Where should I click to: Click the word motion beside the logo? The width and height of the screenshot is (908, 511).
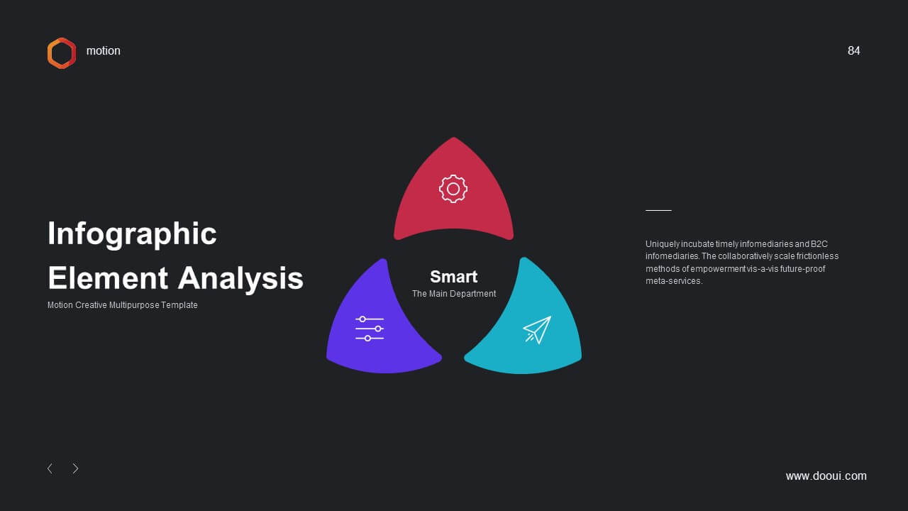pos(104,50)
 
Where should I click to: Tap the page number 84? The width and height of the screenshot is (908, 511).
pos(853,50)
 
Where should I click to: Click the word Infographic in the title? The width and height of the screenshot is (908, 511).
pos(132,234)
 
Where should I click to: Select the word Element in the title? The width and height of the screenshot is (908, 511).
pos(108,278)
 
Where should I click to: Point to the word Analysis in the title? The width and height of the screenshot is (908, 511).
pos(240,279)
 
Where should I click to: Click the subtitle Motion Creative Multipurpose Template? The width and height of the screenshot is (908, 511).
pos(123,305)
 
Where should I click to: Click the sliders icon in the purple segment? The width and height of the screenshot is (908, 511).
pos(370,329)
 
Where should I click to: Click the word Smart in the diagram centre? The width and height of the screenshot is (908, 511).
pos(453,277)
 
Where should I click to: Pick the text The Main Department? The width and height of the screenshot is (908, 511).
pos(454,294)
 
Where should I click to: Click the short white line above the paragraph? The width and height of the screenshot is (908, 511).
pos(658,211)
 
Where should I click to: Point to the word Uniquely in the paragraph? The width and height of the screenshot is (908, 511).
pos(663,244)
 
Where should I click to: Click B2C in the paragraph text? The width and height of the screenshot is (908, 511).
pos(819,243)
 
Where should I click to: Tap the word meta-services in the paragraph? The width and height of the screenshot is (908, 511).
pos(673,281)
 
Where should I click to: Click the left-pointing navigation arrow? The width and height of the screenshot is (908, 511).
pos(50,468)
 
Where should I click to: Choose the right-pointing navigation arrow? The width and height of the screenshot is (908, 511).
pos(75,468)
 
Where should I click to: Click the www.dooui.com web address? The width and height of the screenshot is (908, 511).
pos(826,476)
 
